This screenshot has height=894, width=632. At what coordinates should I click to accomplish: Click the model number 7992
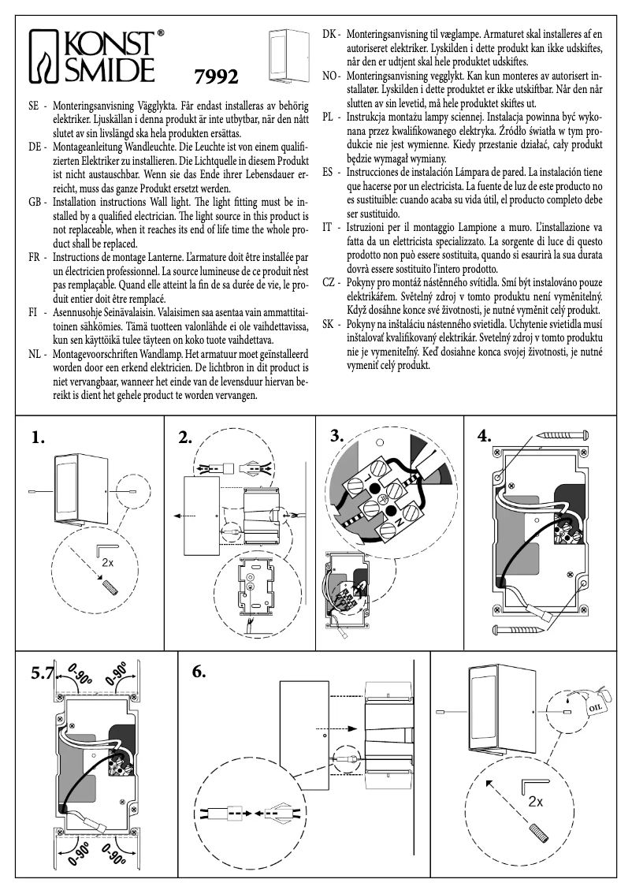(216, 77)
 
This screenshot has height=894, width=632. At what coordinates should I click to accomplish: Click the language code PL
(331, 117)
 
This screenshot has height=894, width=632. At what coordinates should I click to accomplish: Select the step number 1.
(39, 438)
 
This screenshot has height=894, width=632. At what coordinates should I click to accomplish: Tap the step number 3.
(338, 436)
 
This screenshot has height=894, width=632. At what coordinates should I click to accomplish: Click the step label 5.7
(42, 673)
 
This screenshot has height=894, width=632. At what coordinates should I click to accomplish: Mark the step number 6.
(199, 672)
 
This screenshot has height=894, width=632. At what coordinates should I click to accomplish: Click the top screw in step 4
(563, 434)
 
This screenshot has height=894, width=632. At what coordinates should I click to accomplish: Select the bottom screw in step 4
(520, 628)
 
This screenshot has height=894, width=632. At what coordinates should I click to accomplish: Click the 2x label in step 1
(108, 563)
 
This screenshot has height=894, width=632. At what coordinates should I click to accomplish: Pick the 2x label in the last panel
(536, 802)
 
